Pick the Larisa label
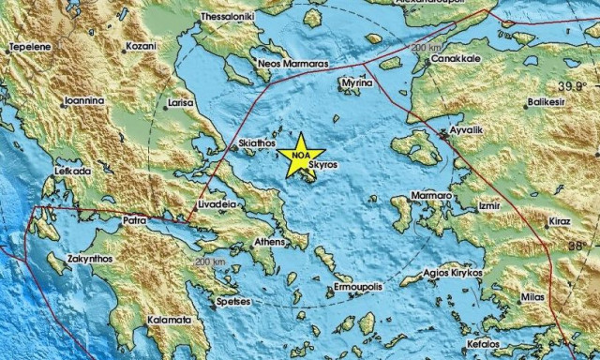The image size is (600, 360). click(180, 101)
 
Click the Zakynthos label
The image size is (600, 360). click(91, 258)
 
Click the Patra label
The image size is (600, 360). click(135, 221)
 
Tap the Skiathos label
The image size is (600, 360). click(258, 142)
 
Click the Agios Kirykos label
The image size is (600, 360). click(453, 273)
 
